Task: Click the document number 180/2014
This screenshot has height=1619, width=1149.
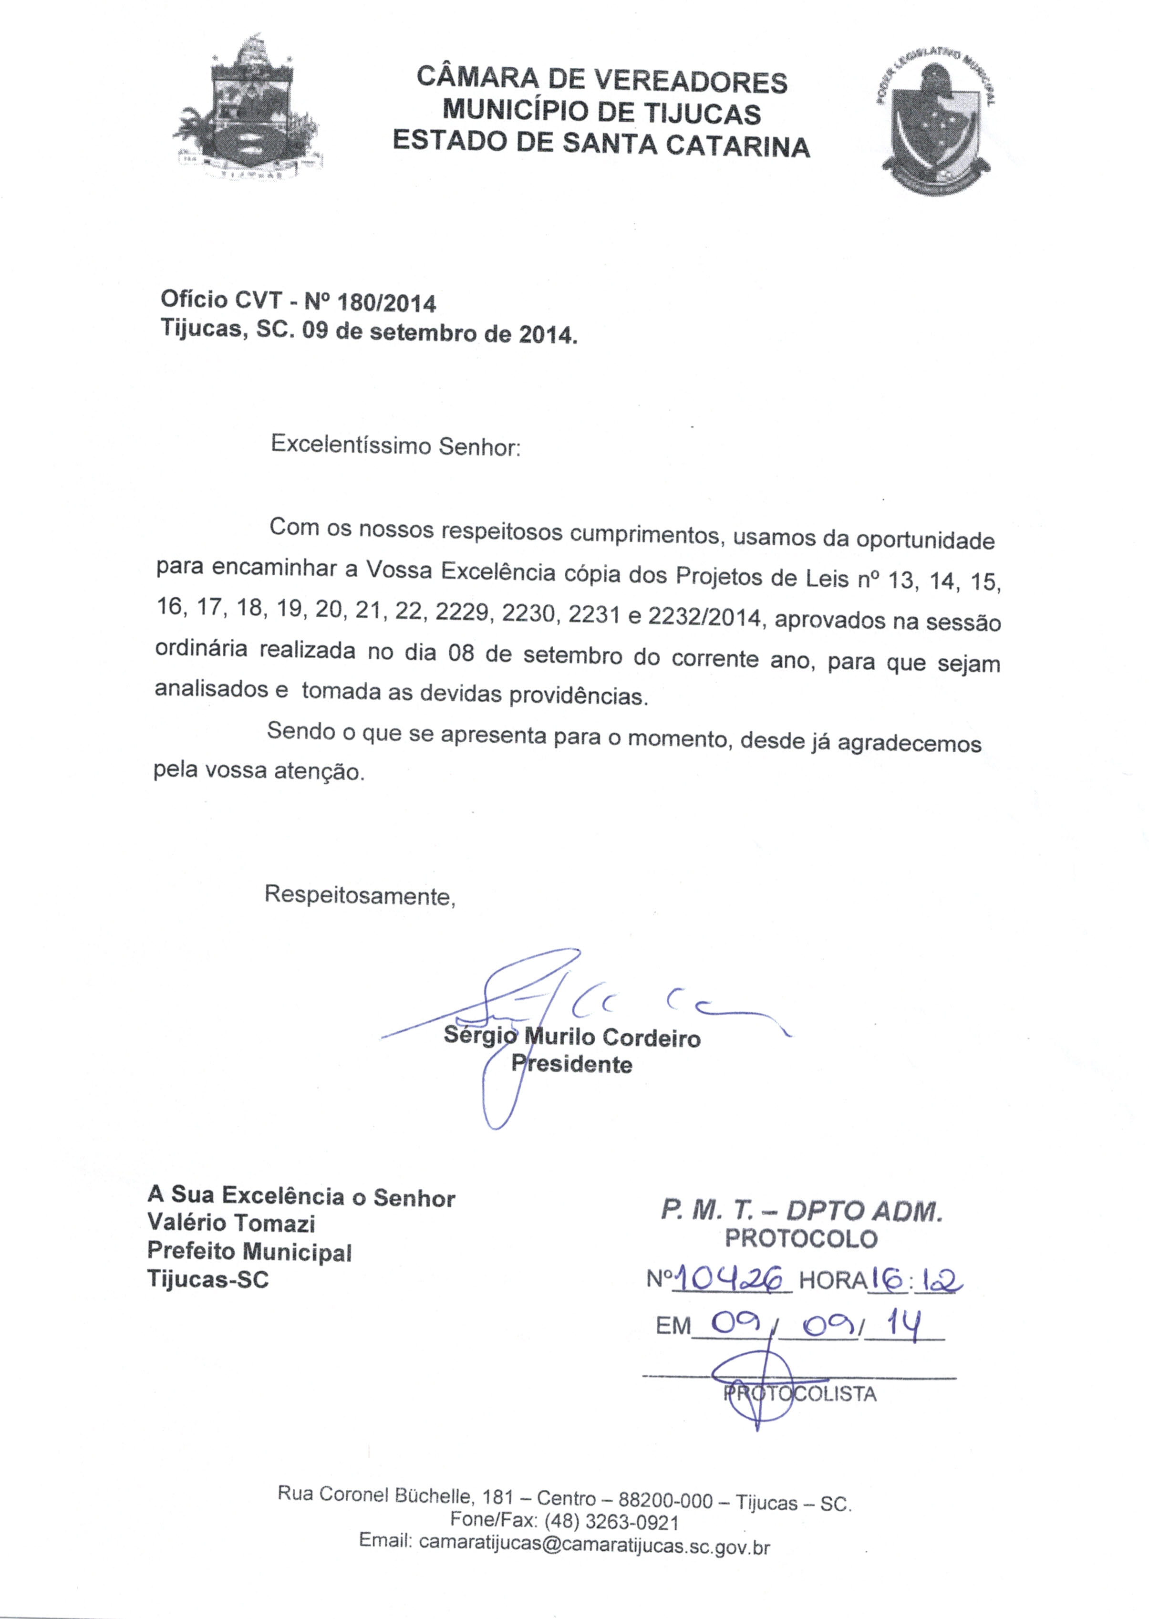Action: [387, 303]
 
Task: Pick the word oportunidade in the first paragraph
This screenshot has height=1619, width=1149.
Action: [925, 540]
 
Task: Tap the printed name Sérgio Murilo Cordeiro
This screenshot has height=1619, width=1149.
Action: [572, 1038]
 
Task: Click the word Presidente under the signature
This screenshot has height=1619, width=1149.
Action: [572, 1064]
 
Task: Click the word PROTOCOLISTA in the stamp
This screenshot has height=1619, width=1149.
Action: [799, 1394]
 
